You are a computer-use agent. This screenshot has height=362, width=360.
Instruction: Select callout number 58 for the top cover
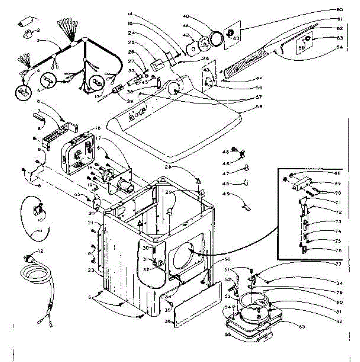pos(259,106)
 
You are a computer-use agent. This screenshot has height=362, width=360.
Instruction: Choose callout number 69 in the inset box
pos(337,183)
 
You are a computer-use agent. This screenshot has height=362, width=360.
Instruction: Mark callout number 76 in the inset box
pos(338,250)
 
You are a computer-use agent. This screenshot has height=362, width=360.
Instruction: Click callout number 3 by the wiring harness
pos(38,40)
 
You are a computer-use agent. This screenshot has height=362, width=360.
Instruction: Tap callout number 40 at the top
pos(186,16)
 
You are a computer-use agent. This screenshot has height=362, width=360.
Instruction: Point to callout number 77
pos(338,264)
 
